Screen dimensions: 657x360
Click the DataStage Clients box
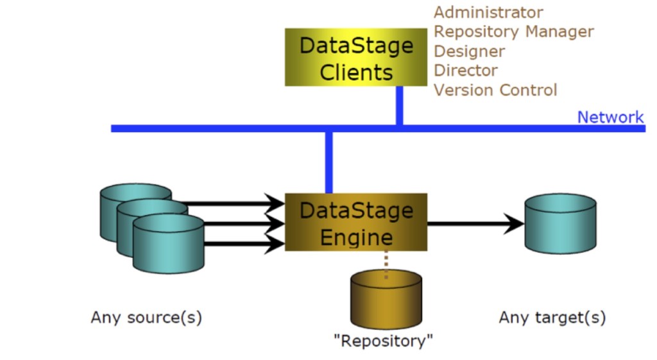click(x=356, y=57)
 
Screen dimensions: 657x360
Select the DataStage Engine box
click(x=356, y=222)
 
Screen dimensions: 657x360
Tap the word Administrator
click(x=488, y=12)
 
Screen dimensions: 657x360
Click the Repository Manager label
click(x=514, y=32)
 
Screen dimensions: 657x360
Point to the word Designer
click(x=469, y=51)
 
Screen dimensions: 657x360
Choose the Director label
click(x=466, y=71)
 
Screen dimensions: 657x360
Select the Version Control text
click(x=495, y=90)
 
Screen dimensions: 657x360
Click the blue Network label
click(x=610, y=117)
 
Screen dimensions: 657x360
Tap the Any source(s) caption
click(x=147, y=318)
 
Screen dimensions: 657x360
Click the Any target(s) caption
click(x=552, y=318)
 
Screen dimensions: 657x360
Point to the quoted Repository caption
click(x=383, y=341)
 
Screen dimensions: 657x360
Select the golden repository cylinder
click(x=386, y=299)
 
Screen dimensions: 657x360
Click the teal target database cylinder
click(x=561, y=223)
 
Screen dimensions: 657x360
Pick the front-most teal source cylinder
click(x=169, y=244)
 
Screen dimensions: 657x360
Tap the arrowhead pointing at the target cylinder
click(x=514, y=223)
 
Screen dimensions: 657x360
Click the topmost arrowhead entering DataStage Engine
click(x=275, y=203)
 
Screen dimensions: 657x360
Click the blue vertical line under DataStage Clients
click(x=400, y=106)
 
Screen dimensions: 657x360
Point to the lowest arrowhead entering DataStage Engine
click(x=275, y=243)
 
